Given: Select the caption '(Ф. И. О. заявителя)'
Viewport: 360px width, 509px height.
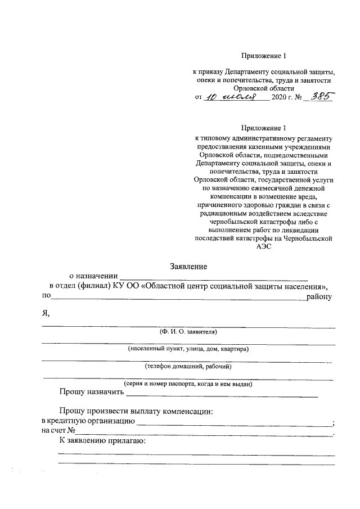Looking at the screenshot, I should (188, 332).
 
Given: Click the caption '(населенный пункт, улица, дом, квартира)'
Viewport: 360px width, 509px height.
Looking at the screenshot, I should (188, 349).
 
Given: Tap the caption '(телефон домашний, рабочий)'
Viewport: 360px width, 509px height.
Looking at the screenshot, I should (188, 366).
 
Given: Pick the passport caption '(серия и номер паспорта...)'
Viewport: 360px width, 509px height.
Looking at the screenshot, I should (188, 384).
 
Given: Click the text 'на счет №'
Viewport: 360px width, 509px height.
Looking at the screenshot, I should (58, 431).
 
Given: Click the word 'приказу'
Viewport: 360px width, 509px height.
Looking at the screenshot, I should (211, 73).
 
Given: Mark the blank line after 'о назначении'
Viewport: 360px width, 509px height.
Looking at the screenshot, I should (214, 277).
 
